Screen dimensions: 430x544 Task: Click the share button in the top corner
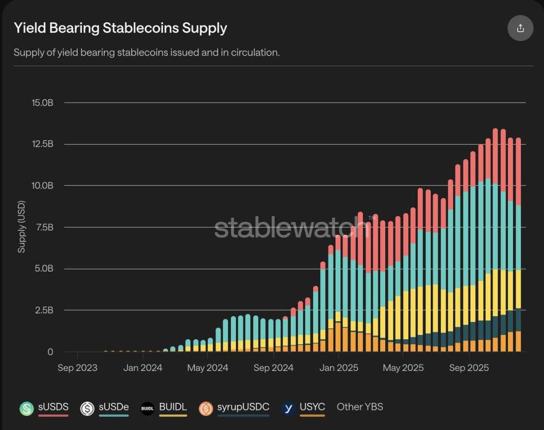click(x=520, y=28)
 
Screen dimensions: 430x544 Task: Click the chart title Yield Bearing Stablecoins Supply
click(x=120, y=28)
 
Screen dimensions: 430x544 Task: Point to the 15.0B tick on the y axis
click(x=43, y=103)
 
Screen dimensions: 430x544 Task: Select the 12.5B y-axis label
click(x=43, y=144)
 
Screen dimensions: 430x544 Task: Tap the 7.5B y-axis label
click(x=44, y=227)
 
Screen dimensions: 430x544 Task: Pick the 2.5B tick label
click(x=44, y=310)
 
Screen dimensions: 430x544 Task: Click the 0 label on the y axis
click(x=50, y=352)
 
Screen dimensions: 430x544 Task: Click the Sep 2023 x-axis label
click(x=78, y=368)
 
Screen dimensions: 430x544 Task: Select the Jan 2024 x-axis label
click(x=143, y=368)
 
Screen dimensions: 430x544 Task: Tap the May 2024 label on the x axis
click(x=208, y=368)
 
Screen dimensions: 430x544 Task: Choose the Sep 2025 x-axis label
click(x=468, y=368)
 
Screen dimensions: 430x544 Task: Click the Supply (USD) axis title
click(x=22, y=227)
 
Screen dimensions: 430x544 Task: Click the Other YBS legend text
click(x=360, y=407)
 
